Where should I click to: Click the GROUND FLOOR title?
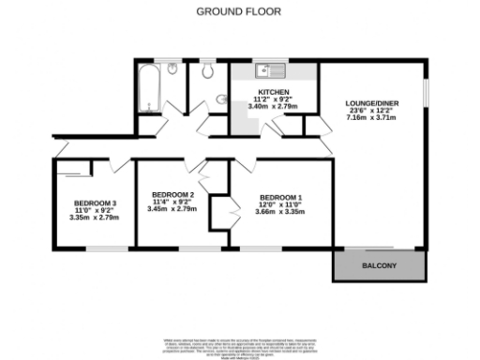pos(238,12)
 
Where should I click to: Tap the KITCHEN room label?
pos(273,92)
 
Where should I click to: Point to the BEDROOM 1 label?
pos(279,198)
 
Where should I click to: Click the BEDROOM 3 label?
pos(95,203)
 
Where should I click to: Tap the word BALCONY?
pos(380,267)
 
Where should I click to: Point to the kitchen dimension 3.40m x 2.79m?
pos(273,107)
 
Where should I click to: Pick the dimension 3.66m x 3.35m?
pos(279,213)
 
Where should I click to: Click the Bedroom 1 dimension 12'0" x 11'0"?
pos(279,205)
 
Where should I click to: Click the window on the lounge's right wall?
pos(424,94)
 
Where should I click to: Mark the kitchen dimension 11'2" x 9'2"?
pos(273,99)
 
